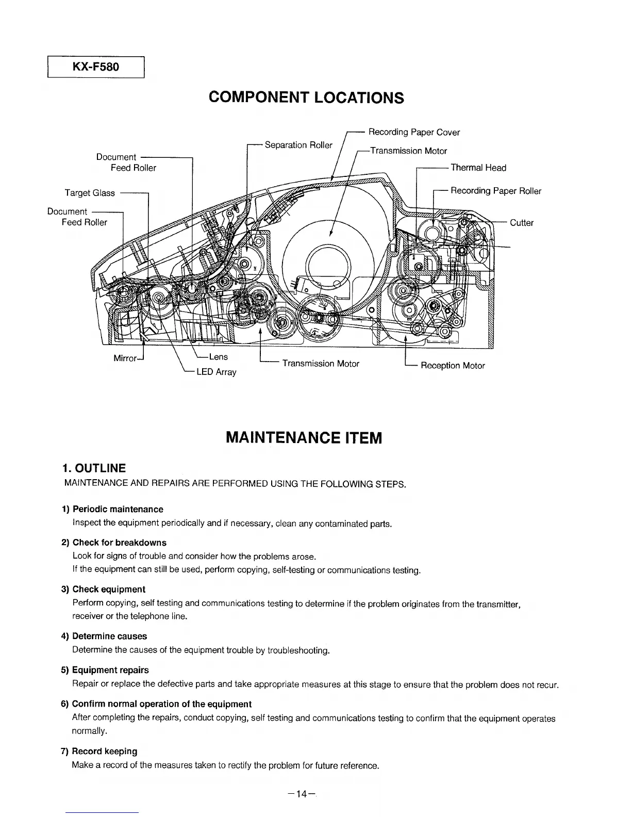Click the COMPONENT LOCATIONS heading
[306, 97]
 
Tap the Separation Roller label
[298, 145]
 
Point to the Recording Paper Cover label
[414, 132]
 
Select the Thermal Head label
[478, 168]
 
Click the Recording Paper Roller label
[496, 191]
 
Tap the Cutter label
[522, 223]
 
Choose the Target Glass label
[90, 193]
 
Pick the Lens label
[219, 356]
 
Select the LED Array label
[217, 371]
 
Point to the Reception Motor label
[453, 366]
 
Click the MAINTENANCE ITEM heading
[304, 438]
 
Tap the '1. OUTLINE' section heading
[93, 468]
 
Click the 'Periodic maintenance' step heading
[118, 509]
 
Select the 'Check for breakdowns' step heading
[119, 543]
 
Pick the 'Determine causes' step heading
[109, 636]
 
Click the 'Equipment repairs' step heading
[110, 670]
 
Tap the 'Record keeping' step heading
[104, 751]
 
